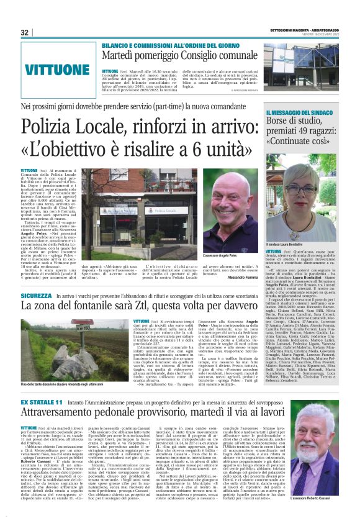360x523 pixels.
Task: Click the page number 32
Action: pos(25,32)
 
